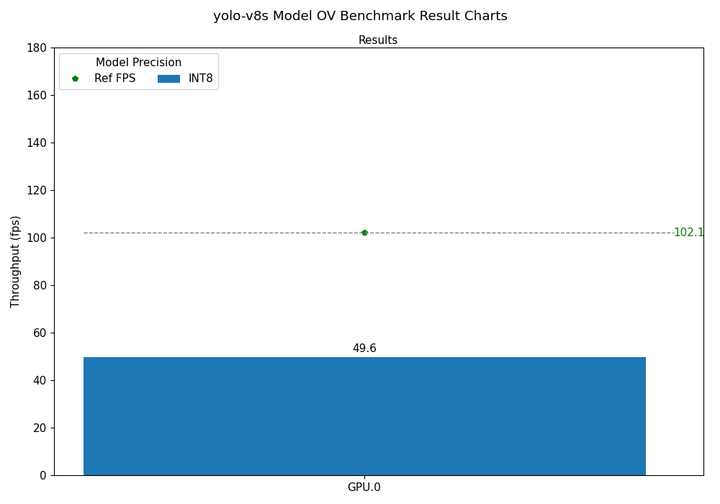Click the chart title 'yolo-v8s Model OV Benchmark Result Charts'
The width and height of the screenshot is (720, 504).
click(360, 16)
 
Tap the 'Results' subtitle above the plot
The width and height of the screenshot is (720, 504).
click(378, 40)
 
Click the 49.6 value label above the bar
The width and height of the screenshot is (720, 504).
click(364, 348)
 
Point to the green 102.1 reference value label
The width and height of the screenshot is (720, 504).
click(688, 233)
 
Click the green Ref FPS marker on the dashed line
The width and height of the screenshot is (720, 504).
click(364, 233)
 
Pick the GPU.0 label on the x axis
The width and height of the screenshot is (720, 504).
click(364, 487)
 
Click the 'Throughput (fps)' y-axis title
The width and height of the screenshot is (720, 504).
click(16, 261)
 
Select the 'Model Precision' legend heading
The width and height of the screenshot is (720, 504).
click(138, 63)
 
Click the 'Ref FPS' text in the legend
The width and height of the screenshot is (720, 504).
click(114, 78)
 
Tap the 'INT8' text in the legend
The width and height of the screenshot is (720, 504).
click(201, 78)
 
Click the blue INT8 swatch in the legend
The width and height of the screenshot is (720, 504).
click(168, 78)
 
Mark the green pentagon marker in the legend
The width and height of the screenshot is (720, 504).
click(75, 78)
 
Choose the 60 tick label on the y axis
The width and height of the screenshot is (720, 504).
click(40, 333)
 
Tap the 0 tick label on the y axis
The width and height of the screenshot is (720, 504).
click(42, 475)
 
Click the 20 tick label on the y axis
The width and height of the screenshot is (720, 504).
click(40, 428)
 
